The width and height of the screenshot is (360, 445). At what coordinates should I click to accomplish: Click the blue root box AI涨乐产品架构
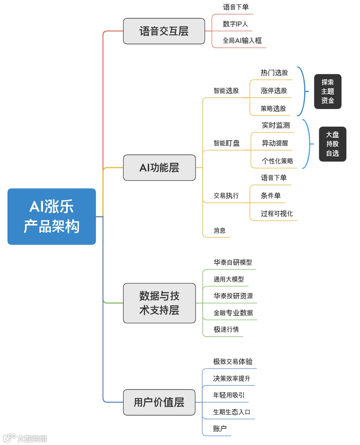click(x=52, y=216)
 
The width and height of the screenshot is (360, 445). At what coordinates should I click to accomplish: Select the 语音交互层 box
click(x=164, y=31)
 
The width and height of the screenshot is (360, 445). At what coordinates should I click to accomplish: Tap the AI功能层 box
click(x=159, y=168)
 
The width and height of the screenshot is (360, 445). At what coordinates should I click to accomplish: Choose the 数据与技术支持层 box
click(x=159, y=303)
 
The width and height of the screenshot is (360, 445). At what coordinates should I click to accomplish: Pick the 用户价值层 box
click(x=159, y=402)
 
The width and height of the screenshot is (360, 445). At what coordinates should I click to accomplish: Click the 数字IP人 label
click(x=235, y=24)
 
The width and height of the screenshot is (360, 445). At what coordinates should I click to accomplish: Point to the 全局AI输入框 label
click(x=242, y=41)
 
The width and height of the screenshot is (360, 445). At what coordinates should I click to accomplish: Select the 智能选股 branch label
click(x=226, y=91)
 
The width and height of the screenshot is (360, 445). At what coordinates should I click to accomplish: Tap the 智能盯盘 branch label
click(x=226, y=143)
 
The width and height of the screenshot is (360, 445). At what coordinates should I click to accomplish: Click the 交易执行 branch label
click(x=226, y=196)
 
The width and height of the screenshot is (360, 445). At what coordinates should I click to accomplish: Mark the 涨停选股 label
click(x=274, y=91)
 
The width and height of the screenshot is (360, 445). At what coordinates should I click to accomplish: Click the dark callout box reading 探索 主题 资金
click(x=327, y=91)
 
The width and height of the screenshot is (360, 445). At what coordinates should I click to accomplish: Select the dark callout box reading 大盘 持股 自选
click(x=333, y=144)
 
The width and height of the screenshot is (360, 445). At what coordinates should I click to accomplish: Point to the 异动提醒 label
click(x=275, y=143)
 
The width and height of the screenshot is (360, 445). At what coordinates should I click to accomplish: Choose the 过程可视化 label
click(x=277, y=214)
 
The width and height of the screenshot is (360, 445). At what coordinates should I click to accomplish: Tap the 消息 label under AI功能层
click(x=219, y=231)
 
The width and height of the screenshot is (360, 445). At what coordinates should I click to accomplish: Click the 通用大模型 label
click(x=228, y=279)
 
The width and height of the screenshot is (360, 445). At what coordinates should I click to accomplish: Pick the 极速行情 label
click(x=226, y=330)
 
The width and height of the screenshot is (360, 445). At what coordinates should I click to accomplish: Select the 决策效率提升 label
click(x=232, y=379)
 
